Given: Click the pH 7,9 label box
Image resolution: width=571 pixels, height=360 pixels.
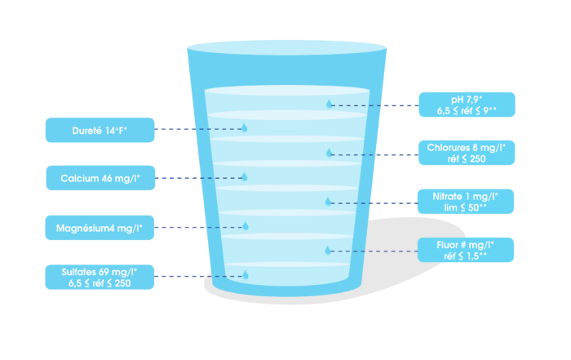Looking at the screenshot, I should (x=466, y=104).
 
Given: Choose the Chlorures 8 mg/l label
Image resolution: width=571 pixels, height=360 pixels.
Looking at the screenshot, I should (x=466, y=153).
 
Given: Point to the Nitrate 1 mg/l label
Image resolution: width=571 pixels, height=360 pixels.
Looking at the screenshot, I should (x=466, y=201).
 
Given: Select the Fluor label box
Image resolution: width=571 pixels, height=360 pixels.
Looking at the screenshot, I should (x=466, y=250).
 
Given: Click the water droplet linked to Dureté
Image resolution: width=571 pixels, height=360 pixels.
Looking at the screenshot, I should (x=243, y=128).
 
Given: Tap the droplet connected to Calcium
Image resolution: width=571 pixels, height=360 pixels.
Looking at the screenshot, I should (x=243, y=176).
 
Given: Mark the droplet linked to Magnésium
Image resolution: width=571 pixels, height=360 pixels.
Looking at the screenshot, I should (x=243, y=225).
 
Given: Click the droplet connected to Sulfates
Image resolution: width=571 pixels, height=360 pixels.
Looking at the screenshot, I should (x=243, y=274).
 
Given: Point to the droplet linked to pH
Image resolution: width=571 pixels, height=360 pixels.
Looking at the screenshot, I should (x=330, y=104).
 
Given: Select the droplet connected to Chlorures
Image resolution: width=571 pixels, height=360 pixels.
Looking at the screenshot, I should (x=330, y=152).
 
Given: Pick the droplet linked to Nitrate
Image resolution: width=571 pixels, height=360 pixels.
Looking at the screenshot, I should (x=329, y=201).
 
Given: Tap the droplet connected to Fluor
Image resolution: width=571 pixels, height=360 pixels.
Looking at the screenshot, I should (x=329, y=249).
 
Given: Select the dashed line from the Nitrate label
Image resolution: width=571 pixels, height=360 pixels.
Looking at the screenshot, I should (x=375, y=202).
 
